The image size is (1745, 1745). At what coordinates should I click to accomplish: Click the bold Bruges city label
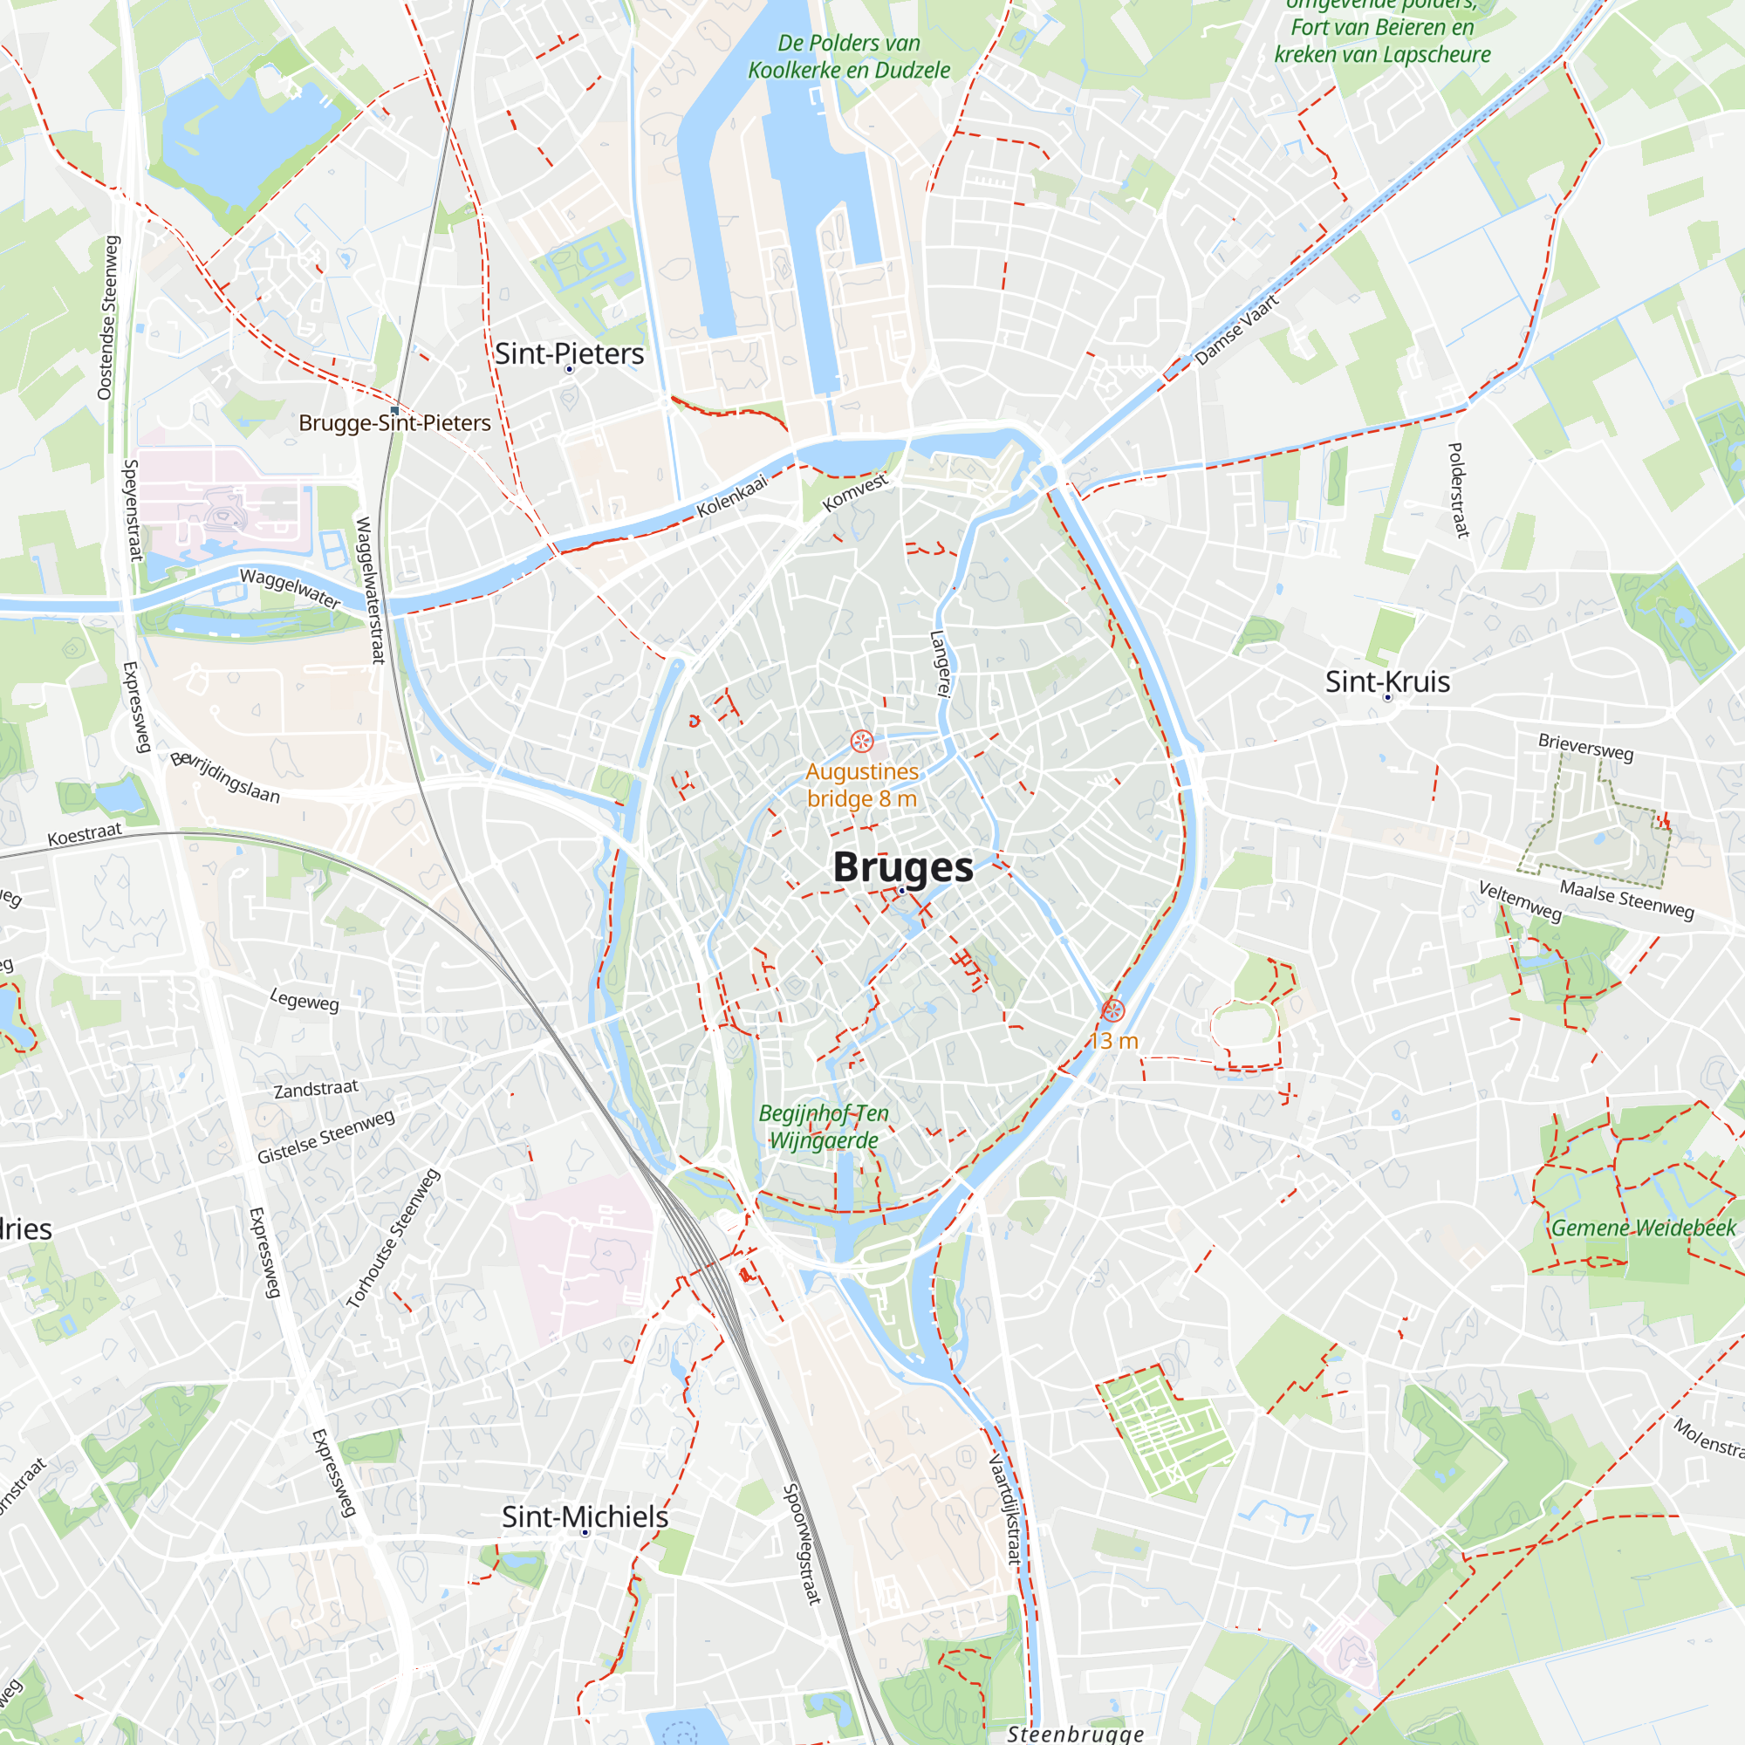(902, 867)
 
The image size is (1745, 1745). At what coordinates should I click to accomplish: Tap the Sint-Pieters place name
(569, 354)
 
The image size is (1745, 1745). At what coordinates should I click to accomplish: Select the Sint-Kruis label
(1387, 682)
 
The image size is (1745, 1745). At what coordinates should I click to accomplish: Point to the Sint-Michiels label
(585, 1516)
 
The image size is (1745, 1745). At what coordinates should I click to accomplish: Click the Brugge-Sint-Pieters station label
(394, 422)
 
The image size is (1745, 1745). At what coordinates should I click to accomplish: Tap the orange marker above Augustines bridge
(862, 742)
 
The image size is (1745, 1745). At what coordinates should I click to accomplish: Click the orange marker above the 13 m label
(1112, 1010)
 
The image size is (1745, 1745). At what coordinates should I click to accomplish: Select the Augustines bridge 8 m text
(862, 785)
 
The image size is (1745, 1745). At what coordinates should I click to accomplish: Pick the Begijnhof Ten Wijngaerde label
(824, 1126)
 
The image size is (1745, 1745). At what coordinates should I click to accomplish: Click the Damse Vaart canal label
(1237, 329)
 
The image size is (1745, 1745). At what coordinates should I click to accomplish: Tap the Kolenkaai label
(732, 496)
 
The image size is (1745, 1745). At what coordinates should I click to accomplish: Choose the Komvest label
(855, 492)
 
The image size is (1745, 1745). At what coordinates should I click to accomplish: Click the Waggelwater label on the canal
(290, 588)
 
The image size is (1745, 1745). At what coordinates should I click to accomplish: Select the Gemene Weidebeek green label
(1643, 1228)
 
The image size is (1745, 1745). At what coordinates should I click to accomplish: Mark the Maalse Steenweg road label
(1626, 900)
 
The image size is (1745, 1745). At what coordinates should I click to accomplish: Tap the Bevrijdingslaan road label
(226, 777)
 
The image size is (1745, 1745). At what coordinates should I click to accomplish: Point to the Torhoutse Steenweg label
(393, 1238)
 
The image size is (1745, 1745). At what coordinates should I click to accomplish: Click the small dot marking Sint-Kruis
(1388, 697)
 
